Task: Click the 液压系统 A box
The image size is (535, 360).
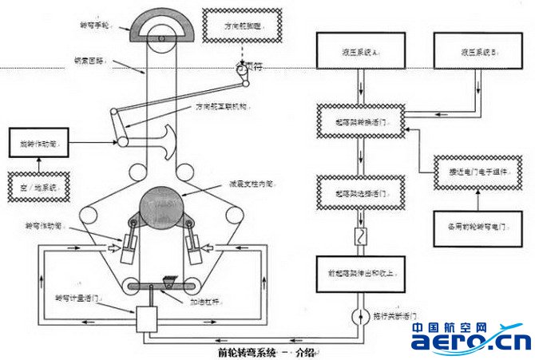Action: [x=354, y=51]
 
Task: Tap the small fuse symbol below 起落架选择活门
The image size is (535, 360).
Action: [x=359, y=237]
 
